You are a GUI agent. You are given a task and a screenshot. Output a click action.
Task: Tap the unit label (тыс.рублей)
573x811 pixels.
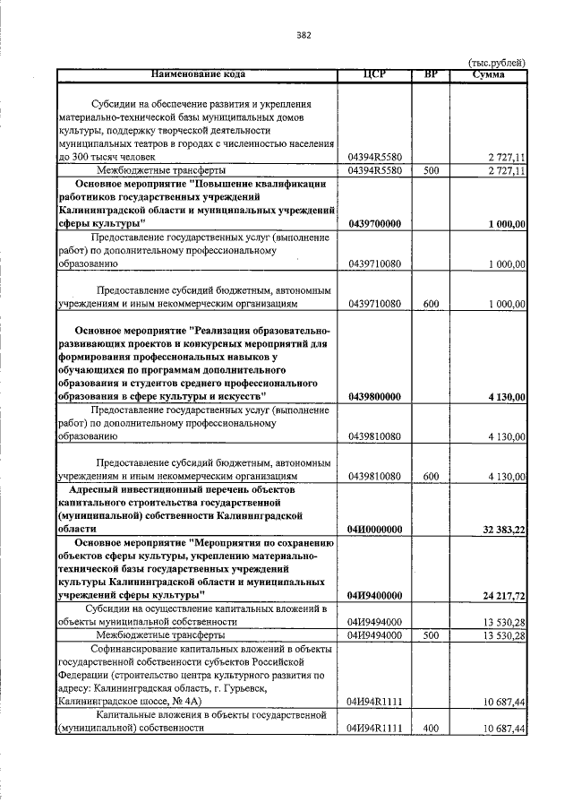pyautogui.click(x=496, y=62)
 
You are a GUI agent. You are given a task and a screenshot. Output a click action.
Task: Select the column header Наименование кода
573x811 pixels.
pyautogui.click(x=197, y=73)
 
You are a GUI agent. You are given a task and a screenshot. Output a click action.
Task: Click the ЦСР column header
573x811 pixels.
pyautogui.click(x=374, y=73)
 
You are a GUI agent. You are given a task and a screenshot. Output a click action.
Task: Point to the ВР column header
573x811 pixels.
pyautogui.click(x=430, y=73)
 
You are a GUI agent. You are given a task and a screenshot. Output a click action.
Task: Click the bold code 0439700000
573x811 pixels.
pyautogui.click(x=374, y=223)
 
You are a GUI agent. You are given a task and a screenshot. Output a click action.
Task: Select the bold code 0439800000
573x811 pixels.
pyautogui.click(x=374, y=396)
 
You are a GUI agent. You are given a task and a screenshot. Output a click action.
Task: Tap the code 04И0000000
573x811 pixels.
pyautogui.click(x=374, y=531)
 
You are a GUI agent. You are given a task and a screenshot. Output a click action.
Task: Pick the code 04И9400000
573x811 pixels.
pyautogui.click(x=374, y=595)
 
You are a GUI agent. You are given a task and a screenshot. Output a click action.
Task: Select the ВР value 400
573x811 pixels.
pyautogui.click(x=431, y=729)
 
